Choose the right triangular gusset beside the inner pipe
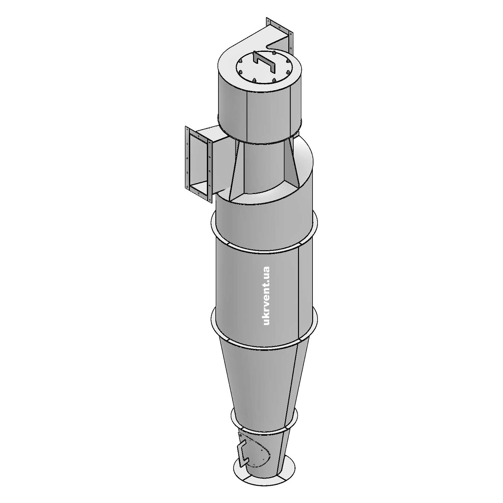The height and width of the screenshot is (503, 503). pyautogui.click(x=291, y=163)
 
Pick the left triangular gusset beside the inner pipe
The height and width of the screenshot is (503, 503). pyautogui.click(x=234, y=170)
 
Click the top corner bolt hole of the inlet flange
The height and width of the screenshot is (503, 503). pyautogui.click(x=188, y=129)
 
